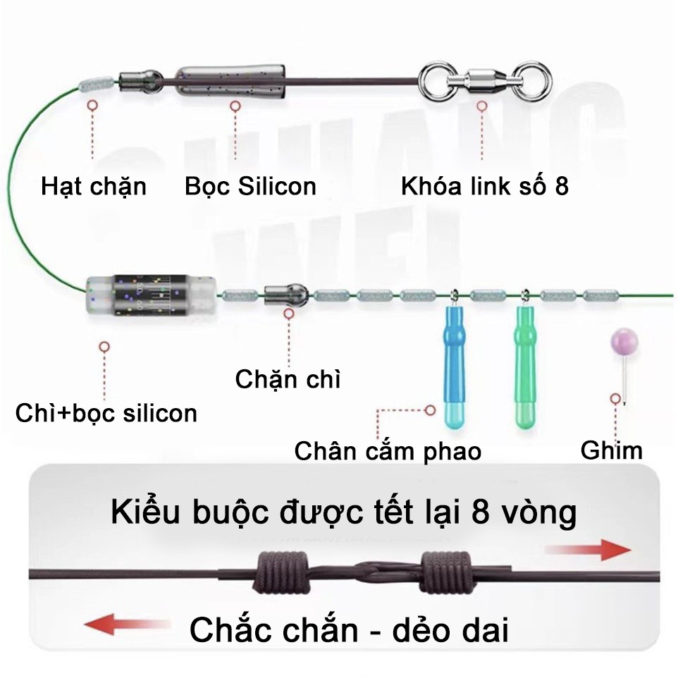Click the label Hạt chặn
94,186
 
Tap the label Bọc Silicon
250,186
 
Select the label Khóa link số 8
484,186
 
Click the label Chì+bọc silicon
106,412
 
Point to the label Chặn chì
288,379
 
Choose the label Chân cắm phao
388,451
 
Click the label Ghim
612,450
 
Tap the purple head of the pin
624,342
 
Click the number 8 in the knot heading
474,512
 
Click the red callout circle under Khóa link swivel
482,107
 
